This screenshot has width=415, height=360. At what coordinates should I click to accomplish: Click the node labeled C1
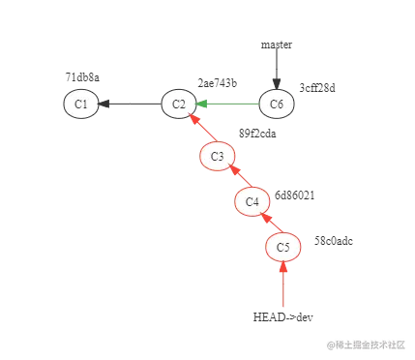81,104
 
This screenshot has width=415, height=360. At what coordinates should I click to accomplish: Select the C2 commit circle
178,104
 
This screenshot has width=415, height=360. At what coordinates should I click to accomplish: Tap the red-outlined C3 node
217,156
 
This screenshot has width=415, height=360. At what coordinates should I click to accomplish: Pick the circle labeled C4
252,201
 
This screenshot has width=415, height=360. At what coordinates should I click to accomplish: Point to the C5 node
283,248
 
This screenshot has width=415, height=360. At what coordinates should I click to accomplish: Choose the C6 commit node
277,104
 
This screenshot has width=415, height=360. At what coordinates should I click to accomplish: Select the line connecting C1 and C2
130,104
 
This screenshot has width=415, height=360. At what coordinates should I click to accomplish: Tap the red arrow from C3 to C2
198,130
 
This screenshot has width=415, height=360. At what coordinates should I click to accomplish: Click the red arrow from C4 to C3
235,179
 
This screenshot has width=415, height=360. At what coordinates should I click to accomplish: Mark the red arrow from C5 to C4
268,225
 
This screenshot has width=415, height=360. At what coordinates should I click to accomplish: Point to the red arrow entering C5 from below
283,285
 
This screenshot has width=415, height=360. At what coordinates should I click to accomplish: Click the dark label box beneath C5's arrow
282,316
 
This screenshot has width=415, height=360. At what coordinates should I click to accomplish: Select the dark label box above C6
276,45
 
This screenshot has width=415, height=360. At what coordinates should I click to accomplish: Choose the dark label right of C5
333,239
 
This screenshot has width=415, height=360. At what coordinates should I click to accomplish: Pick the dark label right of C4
294,194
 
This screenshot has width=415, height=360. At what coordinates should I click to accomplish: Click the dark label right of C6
317,85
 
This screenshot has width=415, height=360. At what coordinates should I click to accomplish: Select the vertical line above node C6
276,70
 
